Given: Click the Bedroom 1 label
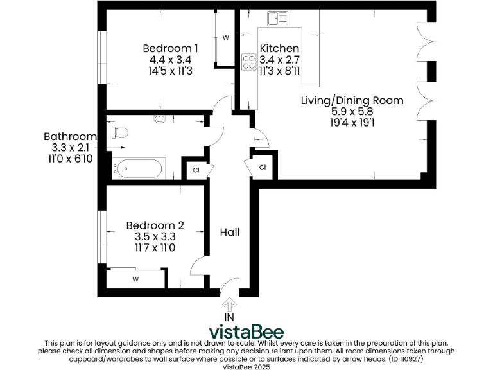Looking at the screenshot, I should [x=170, y=48].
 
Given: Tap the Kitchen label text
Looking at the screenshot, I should [x=279, y=48].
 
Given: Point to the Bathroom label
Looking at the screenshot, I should [x=70, y=136].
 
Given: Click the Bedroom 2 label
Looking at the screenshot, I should [x=155, y=225].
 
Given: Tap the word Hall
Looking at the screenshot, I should [x=230, y=232].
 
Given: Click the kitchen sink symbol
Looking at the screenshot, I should [x=278, y=19].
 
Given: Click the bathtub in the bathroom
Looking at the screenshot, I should [x=139, y=169].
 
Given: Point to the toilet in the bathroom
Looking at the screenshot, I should [x=120, y=132].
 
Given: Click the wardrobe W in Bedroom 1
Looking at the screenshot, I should [x=225, y=38].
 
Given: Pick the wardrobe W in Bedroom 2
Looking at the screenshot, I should [x=135, y=279].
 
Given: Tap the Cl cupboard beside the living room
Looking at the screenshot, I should [x=263, y=167].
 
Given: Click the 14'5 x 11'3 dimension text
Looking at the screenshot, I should [x=170, y=71].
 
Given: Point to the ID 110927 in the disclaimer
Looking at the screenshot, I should [x=421, y=359].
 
